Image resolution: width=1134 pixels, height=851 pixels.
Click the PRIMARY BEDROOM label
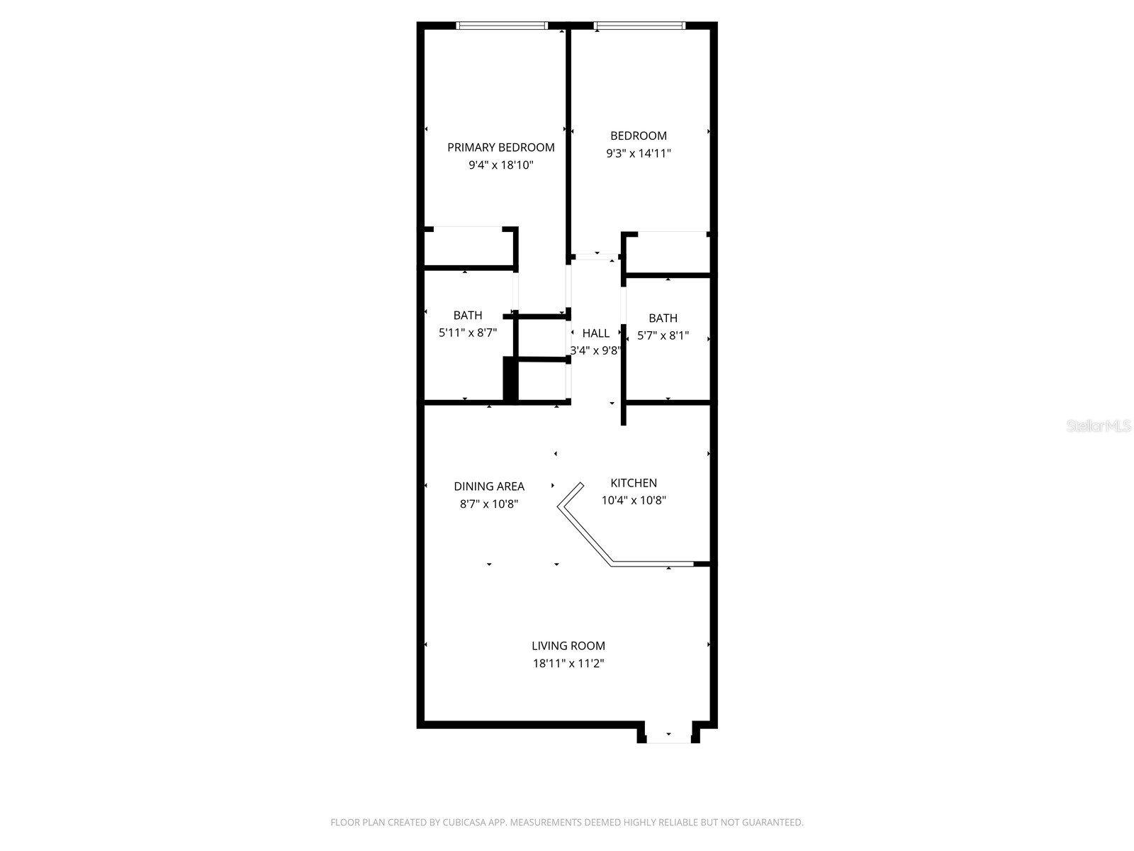click(500, 148)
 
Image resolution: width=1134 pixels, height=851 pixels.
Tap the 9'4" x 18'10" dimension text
click(500, 165)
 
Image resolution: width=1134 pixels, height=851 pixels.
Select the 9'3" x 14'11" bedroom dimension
click(638, 153)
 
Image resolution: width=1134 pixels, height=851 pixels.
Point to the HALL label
click(596, 333)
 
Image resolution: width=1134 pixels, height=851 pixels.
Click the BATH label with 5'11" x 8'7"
click(468, 316)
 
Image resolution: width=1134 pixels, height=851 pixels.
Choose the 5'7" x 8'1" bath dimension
click(663, 336)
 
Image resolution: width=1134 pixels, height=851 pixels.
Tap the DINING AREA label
click(489, 486)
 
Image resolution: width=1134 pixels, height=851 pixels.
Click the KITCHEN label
click(634, 483)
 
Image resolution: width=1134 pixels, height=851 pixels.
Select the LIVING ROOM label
click(568, 646)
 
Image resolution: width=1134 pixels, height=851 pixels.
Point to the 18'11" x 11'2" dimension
click(568, 664)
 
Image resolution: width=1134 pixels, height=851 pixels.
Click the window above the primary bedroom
click(502, 26)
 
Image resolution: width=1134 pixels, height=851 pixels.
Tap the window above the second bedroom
click(640, 26)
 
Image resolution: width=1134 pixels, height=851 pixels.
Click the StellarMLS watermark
click(1099, 426)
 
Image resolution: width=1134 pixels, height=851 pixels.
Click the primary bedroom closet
click(468, 247)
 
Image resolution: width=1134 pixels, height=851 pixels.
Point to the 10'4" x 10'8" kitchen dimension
click(634, 501)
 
